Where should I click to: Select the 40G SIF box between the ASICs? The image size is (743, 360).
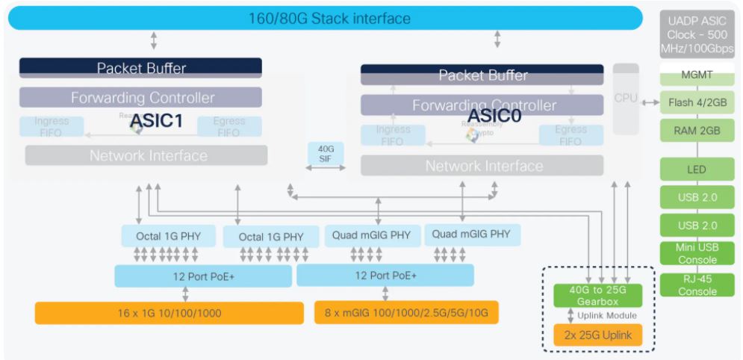[x=326, y=154]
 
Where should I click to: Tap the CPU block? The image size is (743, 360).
[x=626, y=98]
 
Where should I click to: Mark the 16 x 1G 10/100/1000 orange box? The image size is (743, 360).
[x=169, y=313]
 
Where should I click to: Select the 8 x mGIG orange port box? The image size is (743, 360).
[x=406, y=312]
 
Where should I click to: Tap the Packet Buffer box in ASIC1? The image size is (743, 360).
[x=140, y=68]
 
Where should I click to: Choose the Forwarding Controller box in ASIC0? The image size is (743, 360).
[x=482, y=105]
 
